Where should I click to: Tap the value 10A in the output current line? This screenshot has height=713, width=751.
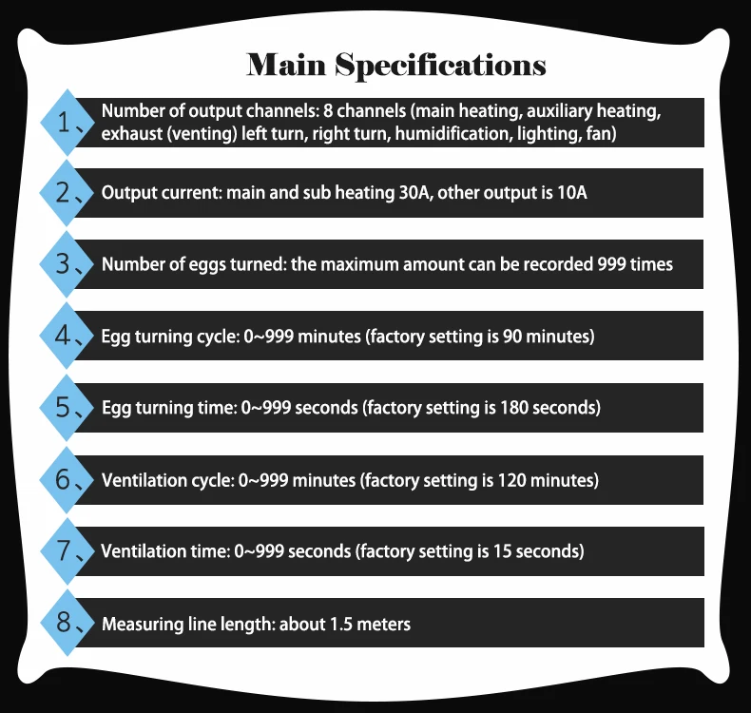570,192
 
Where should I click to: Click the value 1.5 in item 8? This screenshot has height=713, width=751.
341,624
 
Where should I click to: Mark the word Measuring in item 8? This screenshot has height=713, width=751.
140,625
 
